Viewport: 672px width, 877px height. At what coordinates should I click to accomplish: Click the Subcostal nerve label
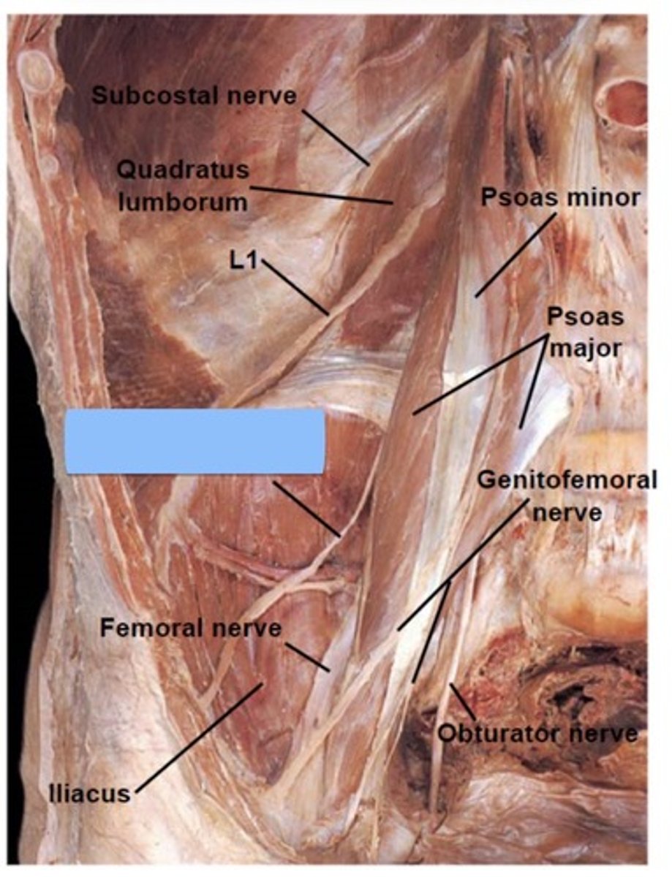pos(194,95)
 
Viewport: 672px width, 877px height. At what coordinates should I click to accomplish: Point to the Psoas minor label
pos(560,197)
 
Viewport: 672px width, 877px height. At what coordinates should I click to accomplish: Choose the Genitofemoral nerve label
pos(566,496)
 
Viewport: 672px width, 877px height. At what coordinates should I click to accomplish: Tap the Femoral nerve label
pos(190,628)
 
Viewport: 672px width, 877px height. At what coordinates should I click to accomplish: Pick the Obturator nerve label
pos(537,733)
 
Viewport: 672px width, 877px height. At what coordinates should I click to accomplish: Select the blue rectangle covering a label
pos(195,441)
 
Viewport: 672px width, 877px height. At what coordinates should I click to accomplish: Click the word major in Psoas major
pos(585,348)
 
